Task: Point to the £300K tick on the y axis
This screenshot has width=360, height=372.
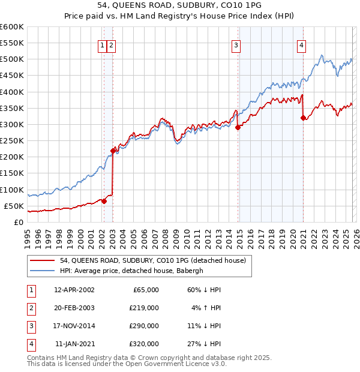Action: (12, 124)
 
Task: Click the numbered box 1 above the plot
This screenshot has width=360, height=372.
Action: (103, 45)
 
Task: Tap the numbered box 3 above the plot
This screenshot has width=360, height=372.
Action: (236, 45)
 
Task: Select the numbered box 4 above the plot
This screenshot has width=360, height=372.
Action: (301, 45)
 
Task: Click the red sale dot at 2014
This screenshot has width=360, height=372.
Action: (238, 127)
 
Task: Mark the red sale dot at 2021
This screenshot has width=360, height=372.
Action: (303, 118)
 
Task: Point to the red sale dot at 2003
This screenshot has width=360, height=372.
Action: (113, 151)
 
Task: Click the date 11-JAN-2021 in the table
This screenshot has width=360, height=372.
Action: (74, 344)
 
